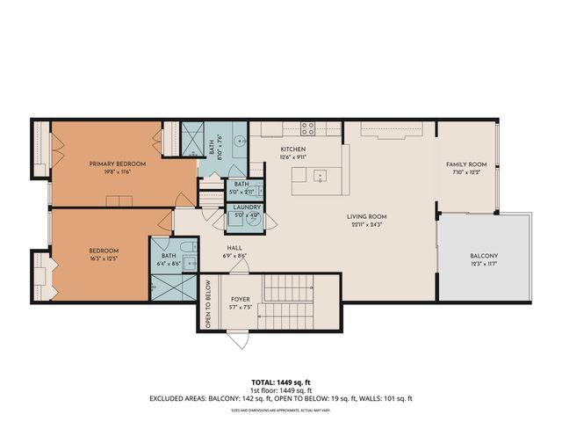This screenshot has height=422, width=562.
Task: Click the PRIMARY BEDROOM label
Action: tap(117, 164)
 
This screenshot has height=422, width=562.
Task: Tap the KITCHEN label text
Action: tap(292, 150)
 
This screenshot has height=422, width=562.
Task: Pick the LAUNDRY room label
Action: tap(246, 207)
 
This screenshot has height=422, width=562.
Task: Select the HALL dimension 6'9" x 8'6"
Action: tap(235, 256)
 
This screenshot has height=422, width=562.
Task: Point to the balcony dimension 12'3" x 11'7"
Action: tap(483, 264)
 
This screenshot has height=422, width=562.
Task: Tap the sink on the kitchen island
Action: tap(321, 175)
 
